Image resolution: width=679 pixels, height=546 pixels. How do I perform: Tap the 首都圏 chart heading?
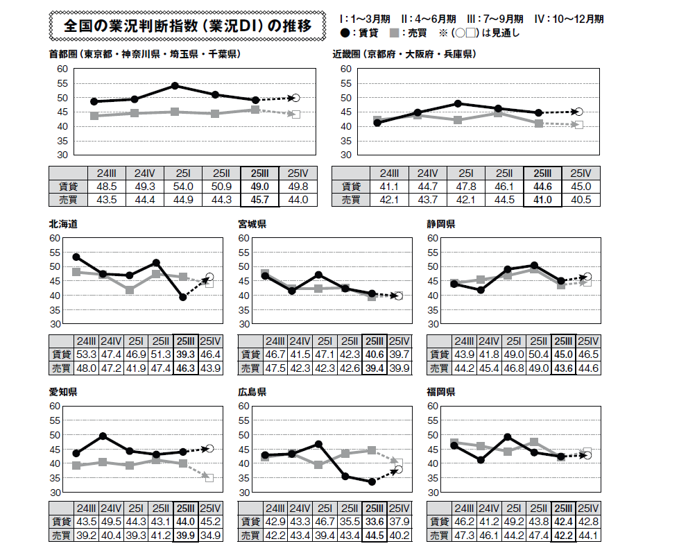(145, 54)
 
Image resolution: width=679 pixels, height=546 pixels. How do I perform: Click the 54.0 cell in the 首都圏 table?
(183, 187)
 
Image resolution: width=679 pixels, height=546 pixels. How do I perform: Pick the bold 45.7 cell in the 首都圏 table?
(259, 200)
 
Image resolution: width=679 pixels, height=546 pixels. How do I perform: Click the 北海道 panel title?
(62, 224)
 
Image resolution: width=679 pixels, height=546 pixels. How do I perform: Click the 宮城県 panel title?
(252, 224)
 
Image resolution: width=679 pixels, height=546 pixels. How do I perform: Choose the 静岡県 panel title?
(441, 224)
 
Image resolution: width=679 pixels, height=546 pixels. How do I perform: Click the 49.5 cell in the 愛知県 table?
(111, 522)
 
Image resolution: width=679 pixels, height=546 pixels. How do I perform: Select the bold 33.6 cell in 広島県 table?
(375, 522)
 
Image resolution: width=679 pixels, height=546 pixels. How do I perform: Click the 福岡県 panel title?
(441, 392)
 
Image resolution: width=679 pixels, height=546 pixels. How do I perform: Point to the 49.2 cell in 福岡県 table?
(513, 522)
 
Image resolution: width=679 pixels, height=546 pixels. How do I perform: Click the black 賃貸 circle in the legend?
(346, 33)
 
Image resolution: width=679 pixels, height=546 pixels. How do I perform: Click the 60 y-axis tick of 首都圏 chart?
(62, 69)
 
